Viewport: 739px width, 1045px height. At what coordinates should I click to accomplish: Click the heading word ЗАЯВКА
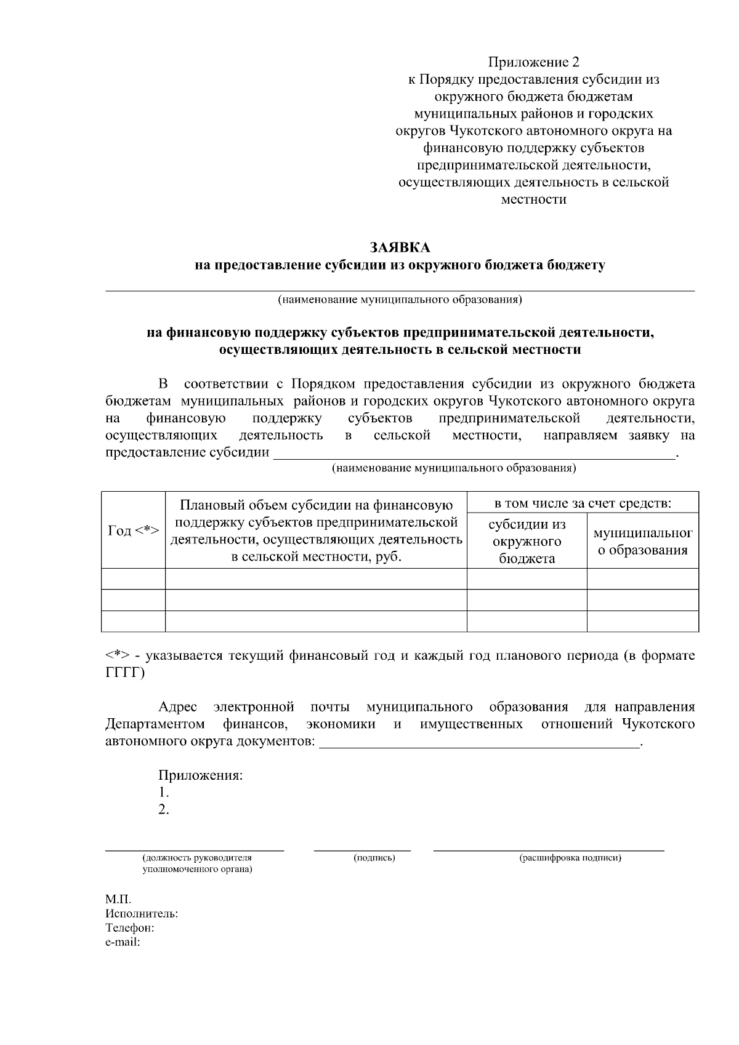point(400,247)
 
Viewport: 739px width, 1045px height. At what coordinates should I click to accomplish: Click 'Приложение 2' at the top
point(534,62)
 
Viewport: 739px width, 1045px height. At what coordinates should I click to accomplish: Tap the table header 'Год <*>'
point(134,531)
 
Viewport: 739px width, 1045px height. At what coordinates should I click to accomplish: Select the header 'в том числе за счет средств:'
point(583,503)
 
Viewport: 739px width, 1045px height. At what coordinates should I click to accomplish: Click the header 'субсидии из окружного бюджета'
point(527,541)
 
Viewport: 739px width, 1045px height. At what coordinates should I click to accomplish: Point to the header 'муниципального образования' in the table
point(642,542)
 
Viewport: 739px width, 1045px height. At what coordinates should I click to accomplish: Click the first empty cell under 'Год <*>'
point(134,579)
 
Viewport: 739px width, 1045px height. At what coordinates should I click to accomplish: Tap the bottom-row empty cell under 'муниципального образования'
point(642,621)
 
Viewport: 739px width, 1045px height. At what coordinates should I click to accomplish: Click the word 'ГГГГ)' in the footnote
point(125,673)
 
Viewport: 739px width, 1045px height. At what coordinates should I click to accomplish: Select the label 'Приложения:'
point(201,775)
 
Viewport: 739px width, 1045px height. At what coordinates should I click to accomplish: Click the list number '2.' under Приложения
point(164,809)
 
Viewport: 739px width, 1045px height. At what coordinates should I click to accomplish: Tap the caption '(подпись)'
point(374,857)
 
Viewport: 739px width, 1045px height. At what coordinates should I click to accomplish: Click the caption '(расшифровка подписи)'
point(570,857)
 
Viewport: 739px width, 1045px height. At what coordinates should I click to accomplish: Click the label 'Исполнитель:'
point(142,914)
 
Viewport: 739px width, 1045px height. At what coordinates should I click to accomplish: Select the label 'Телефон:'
point(129,927)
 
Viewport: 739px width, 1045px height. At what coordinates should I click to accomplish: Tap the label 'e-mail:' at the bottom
point(123,942)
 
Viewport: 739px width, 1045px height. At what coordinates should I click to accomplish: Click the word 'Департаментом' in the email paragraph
point(155,724)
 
